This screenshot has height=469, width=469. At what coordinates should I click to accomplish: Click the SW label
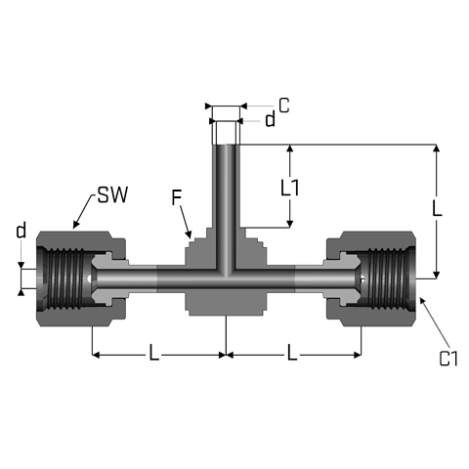click(x=112, y=195)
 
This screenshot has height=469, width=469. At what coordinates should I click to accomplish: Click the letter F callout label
click(x=176, y=197)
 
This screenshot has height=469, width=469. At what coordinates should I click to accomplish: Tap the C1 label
click(x=448, y=359)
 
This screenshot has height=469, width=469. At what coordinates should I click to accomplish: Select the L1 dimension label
click(x=289, y=188)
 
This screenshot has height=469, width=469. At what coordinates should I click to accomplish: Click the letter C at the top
click(x=284, y=106)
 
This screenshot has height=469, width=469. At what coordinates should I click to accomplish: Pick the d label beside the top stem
click(x=270, y=119)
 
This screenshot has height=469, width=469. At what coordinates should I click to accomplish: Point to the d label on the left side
click(x=21, y=230)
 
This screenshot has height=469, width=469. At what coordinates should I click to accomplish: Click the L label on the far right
click(x=437, y=208)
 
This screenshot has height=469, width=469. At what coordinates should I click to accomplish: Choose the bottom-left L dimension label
click(x=153, y=353)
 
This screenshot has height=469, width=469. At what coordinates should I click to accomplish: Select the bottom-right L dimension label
click(x=292, y=353)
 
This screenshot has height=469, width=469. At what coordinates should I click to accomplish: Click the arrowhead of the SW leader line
click(x=75, y=225)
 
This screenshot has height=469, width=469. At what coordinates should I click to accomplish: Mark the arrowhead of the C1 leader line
click(x=422, y=301)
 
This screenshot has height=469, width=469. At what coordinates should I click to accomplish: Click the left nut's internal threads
click(x=65, y=278)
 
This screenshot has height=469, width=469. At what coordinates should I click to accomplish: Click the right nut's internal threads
click(x=386, y=278)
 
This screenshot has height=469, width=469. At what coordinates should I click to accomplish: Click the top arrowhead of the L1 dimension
click(x=289, y=149)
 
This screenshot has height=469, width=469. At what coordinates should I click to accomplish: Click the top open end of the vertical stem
click(x=226, y=145)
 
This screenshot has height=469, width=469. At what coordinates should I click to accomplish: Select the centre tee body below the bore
click(x=226, y=302)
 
